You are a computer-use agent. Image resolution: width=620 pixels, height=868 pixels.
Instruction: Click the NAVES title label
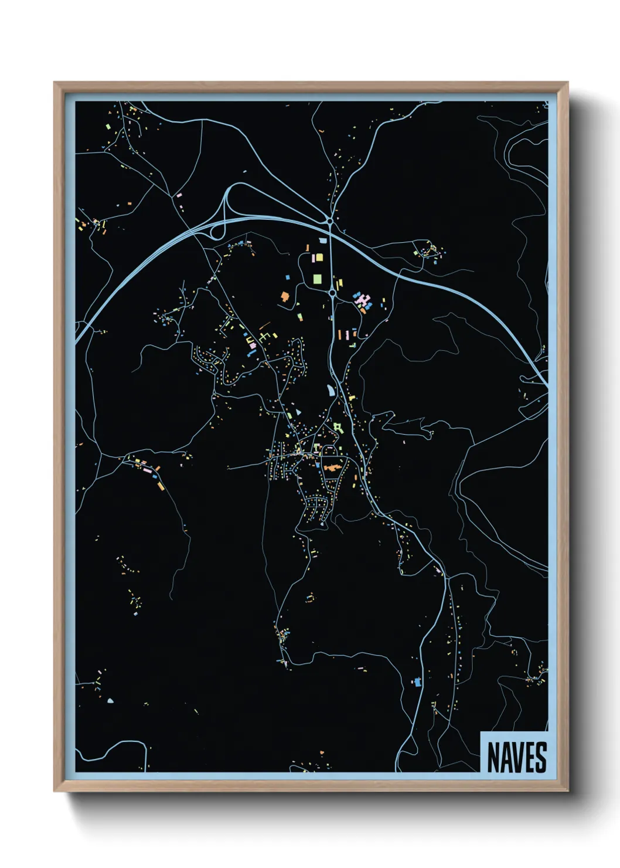(516, 757)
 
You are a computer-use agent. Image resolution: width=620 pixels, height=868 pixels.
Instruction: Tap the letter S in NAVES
(540, 757)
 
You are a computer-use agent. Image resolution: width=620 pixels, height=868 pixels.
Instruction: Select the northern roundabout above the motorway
(330, 221)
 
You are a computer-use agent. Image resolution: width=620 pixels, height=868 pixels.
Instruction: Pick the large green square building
(317, 279)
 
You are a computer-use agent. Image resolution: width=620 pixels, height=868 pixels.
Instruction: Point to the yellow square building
(319, 257)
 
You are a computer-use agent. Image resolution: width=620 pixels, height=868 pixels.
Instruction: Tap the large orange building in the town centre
(332, 468)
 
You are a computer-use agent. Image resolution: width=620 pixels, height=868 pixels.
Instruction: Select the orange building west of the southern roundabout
(285, 297)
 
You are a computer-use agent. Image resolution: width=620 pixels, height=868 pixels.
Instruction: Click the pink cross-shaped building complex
(363, 300)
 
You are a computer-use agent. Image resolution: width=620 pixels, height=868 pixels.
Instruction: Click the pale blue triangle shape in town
(298, 412)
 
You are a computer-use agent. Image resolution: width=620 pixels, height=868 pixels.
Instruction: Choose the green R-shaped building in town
(337, 426)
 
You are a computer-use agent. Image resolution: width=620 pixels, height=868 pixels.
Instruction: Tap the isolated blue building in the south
(417, 681)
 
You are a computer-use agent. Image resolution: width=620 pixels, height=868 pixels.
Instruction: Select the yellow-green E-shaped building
(264, 336)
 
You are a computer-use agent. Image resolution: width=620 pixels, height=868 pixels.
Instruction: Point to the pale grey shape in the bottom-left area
(110, 700)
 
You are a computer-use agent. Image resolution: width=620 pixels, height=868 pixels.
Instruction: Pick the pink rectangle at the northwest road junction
(179, 194)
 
